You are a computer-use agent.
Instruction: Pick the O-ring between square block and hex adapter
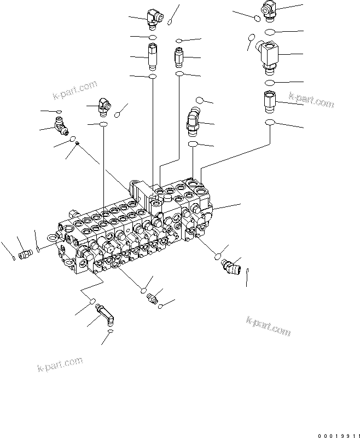270,82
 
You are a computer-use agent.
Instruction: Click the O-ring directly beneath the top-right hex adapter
270,123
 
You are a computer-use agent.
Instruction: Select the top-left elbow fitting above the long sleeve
153,18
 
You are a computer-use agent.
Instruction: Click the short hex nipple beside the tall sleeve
179,56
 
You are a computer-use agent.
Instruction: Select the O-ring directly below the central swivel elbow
193,144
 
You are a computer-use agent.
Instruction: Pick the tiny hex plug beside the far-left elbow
78,143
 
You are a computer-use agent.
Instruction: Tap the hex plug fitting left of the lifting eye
25,254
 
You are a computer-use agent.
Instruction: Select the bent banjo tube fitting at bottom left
105,316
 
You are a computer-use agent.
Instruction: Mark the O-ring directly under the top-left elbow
153,37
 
